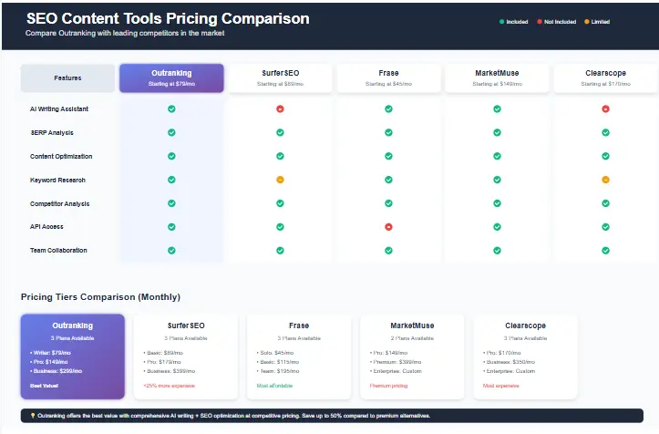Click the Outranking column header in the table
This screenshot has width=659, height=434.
(171, 77)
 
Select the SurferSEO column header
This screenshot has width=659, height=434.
(280, 77)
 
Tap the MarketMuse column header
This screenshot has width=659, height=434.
(497, 77)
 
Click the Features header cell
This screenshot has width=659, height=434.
(67, 78)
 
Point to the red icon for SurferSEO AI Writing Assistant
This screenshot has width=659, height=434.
(280, 108)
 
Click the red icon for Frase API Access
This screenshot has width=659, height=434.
(388, 226)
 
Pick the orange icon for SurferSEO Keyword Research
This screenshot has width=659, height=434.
(280, 180)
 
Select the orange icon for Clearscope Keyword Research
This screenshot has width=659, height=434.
(605, 180)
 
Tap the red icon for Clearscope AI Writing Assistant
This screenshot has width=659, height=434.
(605, 108)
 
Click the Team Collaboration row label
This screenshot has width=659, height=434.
(58, 250)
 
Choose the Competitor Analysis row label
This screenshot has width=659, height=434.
(59, 203)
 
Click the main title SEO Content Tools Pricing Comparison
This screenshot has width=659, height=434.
(168, 18)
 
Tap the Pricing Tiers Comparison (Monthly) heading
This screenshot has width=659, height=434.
(100, 296)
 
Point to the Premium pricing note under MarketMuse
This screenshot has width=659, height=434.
(387, 386)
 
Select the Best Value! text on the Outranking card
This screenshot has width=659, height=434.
(43, 386)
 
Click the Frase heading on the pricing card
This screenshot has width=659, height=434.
(299, 325)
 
